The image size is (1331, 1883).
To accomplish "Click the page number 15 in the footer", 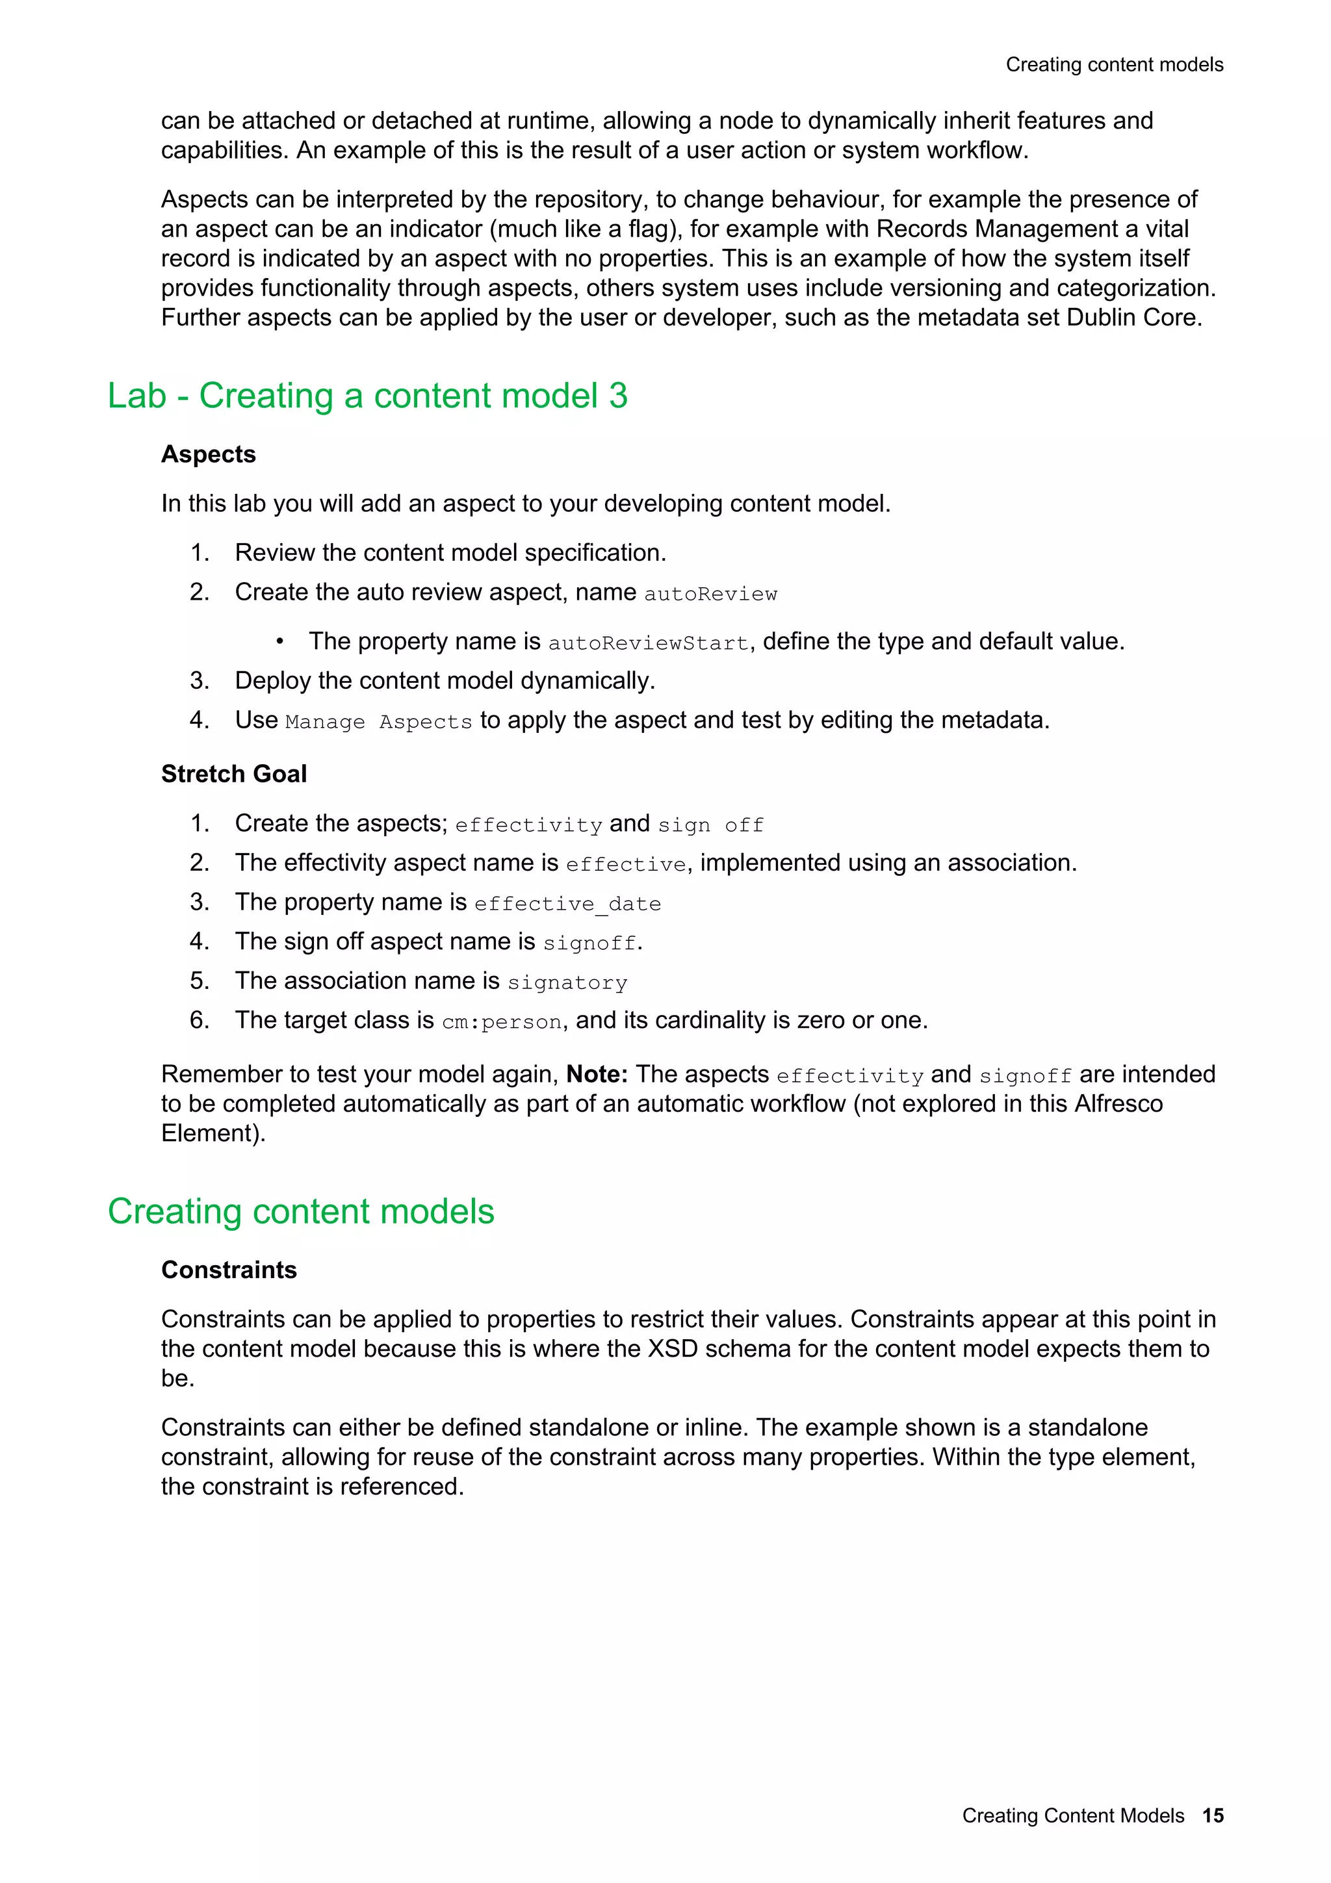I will pos(1212,1815).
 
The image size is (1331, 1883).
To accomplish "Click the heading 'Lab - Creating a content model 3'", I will pos(367,396).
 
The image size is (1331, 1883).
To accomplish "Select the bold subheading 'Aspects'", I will pos(209,454).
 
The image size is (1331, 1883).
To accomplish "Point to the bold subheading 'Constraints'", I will pos(229,1270).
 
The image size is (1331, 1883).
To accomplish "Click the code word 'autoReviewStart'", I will pos(648,643).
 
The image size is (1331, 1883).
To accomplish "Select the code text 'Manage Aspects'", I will pos(379,722).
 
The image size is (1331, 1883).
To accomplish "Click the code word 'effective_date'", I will pos(567,904).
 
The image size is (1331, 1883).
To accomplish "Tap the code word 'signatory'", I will pos(567,982).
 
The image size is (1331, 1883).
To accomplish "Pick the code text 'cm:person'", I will pos(502,1022).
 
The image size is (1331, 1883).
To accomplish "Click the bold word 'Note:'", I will pos(597,1074).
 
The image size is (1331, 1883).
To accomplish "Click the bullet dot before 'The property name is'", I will pos(279,641).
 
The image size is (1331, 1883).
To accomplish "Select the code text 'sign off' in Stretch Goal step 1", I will pos(711,825).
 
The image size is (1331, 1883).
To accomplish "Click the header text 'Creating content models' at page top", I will pos(1114,65).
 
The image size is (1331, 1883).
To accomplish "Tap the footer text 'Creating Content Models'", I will pos(1073,1815).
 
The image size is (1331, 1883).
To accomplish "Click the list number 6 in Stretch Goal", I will pos(200,1020).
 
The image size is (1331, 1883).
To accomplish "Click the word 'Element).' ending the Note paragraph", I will pos(213,1133).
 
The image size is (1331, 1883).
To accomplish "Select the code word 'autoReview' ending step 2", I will pos(710,594).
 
